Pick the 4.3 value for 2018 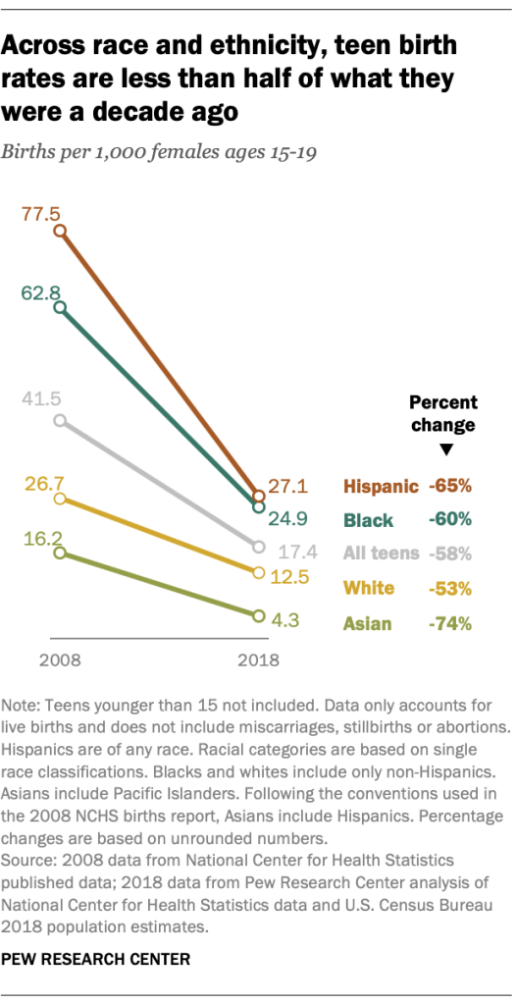pyautogui.click(x=287, y=620)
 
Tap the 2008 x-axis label pyautogui.click(x=60, y=660)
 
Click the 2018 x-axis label pyautogui.click(x=258, y=660)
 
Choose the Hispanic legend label pyautogui.click(x=380, y=486)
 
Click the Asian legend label pyautogui.click(x=368, y=623)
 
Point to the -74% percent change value pyautogui.click(x=450, y=623)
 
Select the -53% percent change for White pyautogui.click(x=450, y=589)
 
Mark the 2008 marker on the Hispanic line pyautogui.click(x=60, y=231)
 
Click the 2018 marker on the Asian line pyautogui.click(x=258, y=616)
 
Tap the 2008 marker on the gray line pyautogui.click(x=60, y=420)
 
